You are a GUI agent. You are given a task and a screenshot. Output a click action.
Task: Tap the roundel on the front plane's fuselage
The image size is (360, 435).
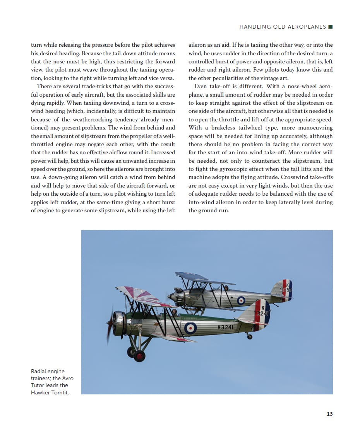(190, 328)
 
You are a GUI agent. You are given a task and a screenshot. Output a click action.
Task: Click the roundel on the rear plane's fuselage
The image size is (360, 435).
(241, 300)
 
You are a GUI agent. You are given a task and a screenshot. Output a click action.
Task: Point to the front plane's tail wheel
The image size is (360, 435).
(249, 337)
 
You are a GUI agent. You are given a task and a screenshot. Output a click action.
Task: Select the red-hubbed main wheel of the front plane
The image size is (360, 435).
(139, 356)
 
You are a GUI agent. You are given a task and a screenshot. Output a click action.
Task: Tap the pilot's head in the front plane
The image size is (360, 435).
(175, 312)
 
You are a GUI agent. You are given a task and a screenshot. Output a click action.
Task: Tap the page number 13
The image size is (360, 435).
(329, 414)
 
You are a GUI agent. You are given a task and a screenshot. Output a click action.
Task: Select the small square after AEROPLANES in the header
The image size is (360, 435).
(330, 27)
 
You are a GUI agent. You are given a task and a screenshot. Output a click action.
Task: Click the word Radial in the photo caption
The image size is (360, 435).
(39, 371)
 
